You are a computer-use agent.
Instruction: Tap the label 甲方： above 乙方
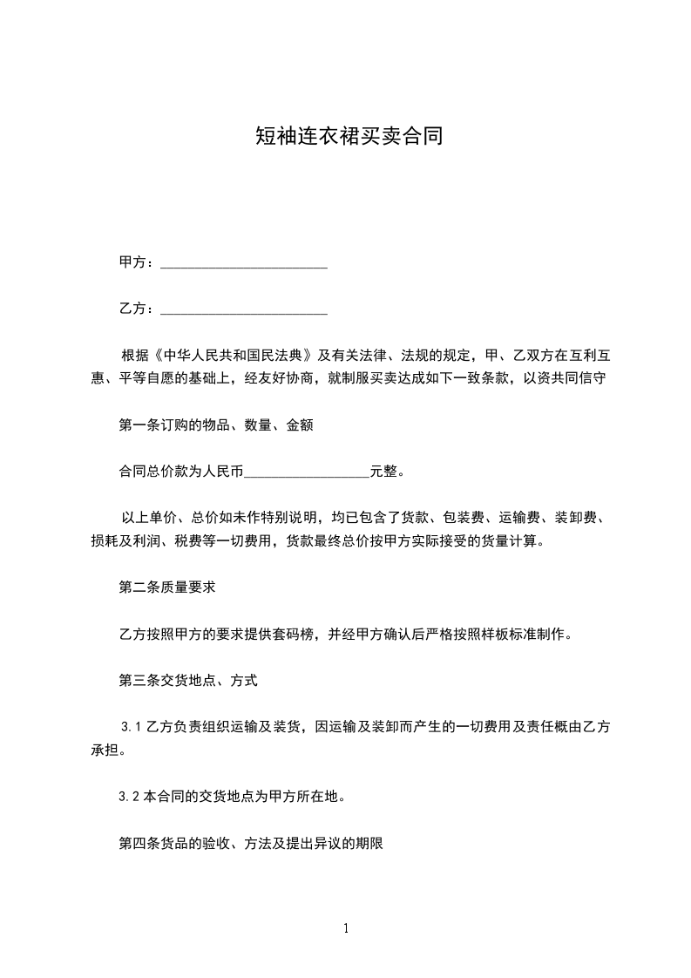(x=138, y=262)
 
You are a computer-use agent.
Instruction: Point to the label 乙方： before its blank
(x=138, y=308)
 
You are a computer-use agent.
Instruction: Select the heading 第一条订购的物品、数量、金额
(x=215, y=425)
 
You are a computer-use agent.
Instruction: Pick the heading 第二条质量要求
(x=167, y=587)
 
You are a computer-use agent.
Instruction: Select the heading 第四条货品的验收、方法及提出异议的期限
(x=251, y=843)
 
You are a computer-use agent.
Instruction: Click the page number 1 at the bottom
(x=346, y=928)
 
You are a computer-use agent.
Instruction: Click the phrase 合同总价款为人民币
(x=180, y=472)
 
